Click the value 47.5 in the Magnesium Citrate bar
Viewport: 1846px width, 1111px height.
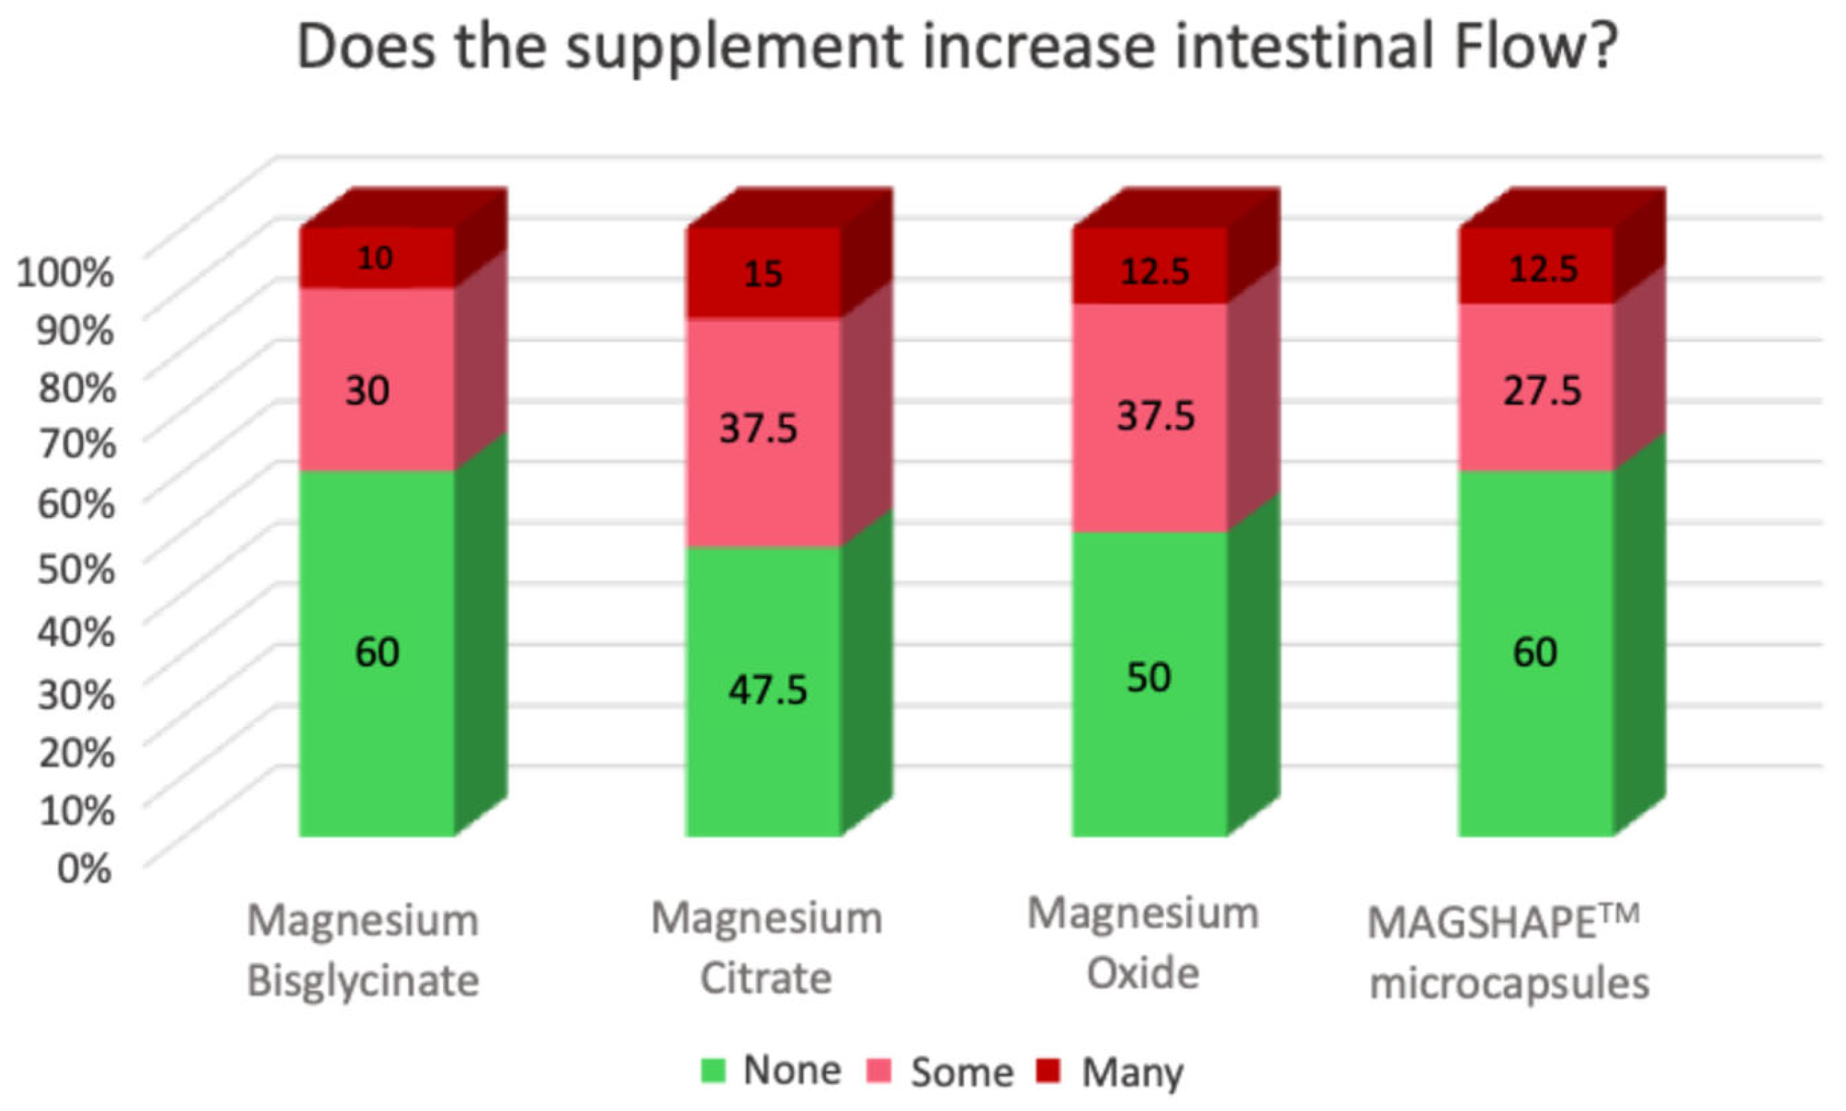[768, 689]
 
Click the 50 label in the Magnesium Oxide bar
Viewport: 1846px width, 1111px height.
[1148, 677]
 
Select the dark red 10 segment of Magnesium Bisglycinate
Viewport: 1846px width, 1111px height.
[374, 259]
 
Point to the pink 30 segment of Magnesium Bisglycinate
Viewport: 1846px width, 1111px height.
[367, 390]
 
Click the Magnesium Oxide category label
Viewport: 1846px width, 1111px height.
[1143, 943]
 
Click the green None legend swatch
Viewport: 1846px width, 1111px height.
[713, 1071]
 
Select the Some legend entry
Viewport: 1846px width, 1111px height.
[961, 1072]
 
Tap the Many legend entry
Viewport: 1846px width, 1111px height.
[1131, 1072]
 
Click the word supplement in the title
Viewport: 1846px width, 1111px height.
[733, 47]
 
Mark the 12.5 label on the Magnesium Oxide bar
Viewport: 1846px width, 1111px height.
[1154, 271]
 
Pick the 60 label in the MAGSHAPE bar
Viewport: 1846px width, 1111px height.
[1535, 651]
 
